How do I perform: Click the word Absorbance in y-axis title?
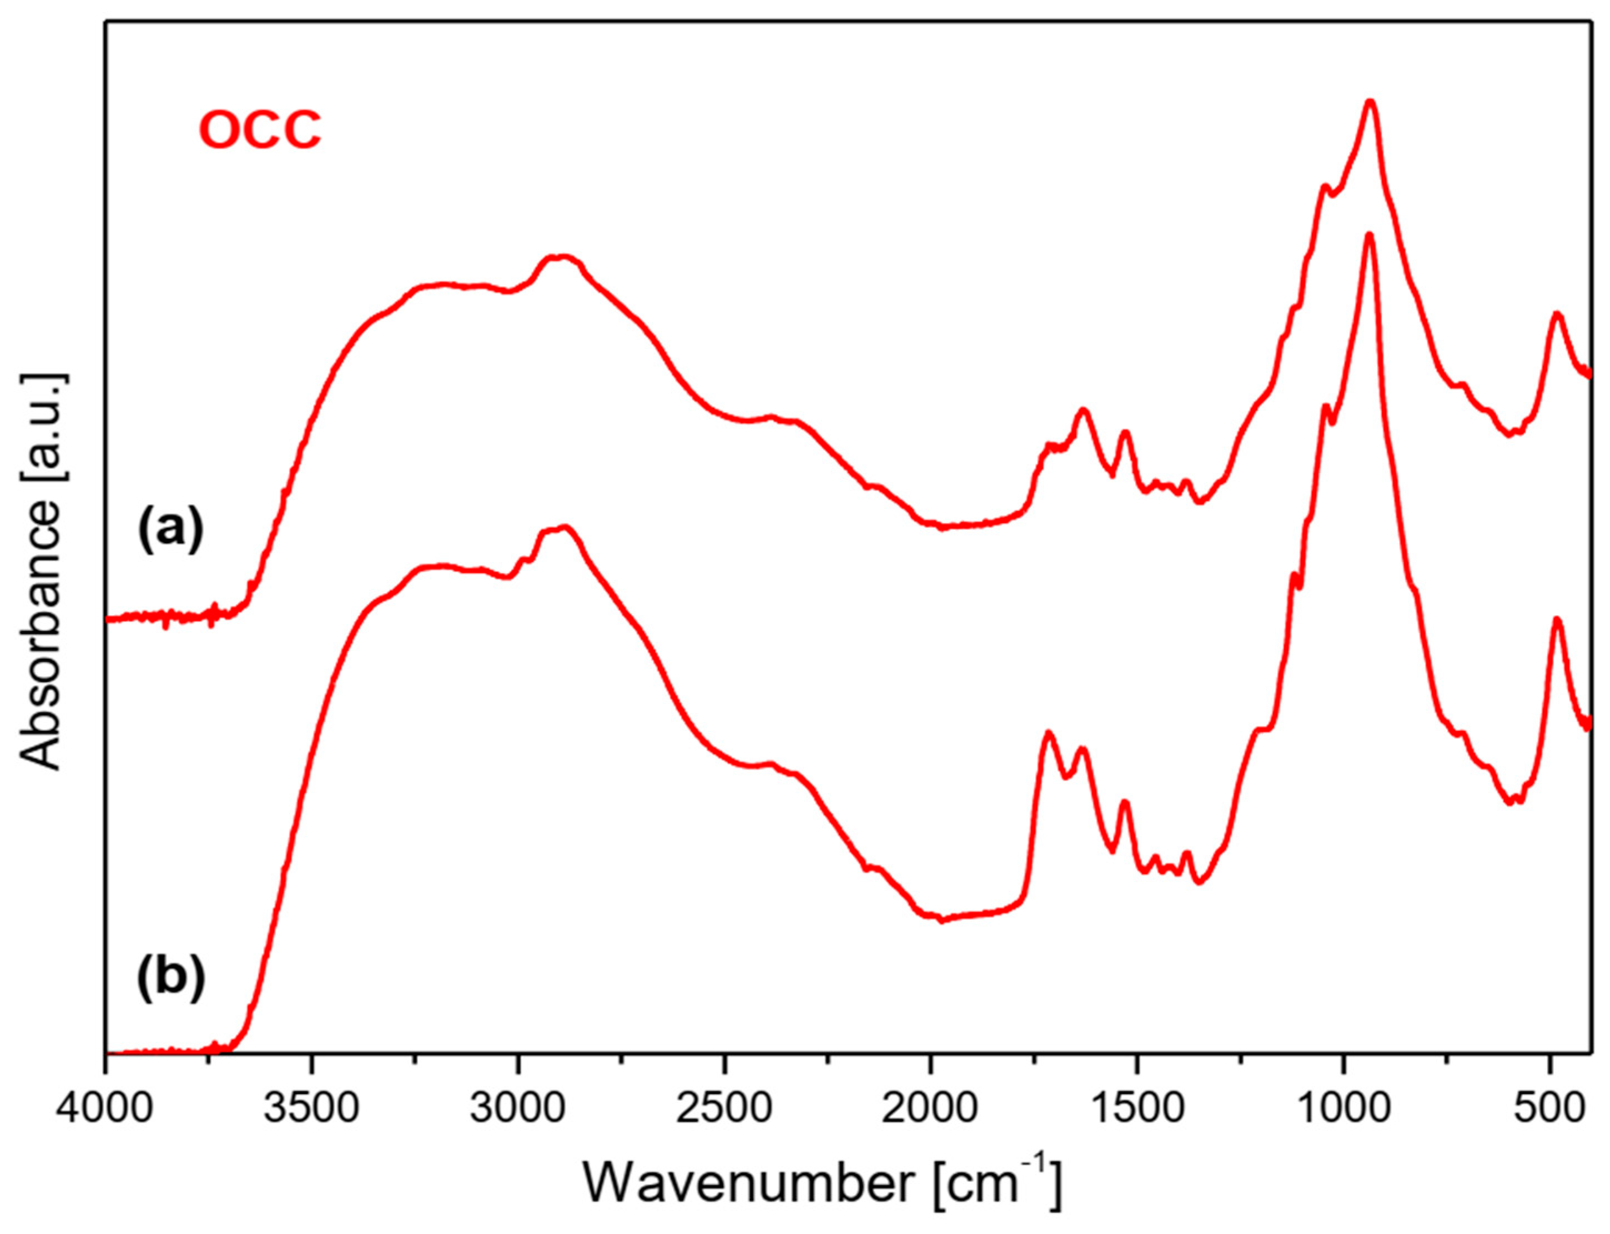(x=41, y=635)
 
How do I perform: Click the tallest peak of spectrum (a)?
(x=1369, y=123)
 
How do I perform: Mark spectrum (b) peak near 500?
(x=1556, y=621)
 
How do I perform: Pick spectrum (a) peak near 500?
(x=1556, y=315)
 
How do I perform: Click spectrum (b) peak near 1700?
(x=1049, y=734)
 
